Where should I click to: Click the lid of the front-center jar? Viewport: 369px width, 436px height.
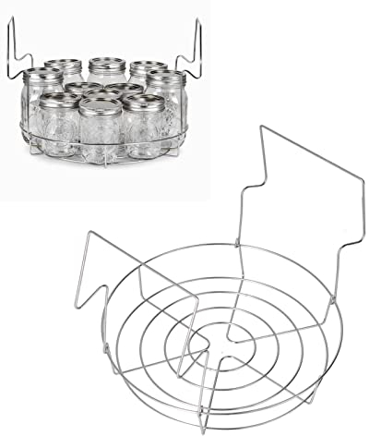click(101, 104)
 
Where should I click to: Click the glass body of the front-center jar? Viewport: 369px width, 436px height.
click(101, 135)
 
